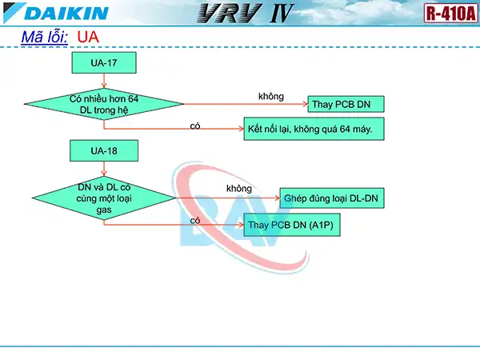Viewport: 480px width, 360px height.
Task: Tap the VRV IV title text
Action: pos(243,14)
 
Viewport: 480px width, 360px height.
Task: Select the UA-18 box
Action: pos(104,150)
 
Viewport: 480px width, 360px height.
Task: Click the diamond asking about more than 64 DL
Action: pos(104,104)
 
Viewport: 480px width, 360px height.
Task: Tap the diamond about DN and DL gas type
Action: pos(104,197)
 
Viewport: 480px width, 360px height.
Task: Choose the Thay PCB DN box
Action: pos(346,104)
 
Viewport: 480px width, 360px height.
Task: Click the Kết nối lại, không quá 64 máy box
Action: pos(314,128)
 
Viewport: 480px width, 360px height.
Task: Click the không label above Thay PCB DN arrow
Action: pos(270,96)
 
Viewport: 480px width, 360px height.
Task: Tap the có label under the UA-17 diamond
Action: pos(195,126)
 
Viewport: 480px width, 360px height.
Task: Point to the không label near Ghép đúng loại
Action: pos(239,188)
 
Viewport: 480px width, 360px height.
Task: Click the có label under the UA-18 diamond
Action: pos(195,220)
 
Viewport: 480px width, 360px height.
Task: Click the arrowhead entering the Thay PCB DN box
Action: pos(305,104)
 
